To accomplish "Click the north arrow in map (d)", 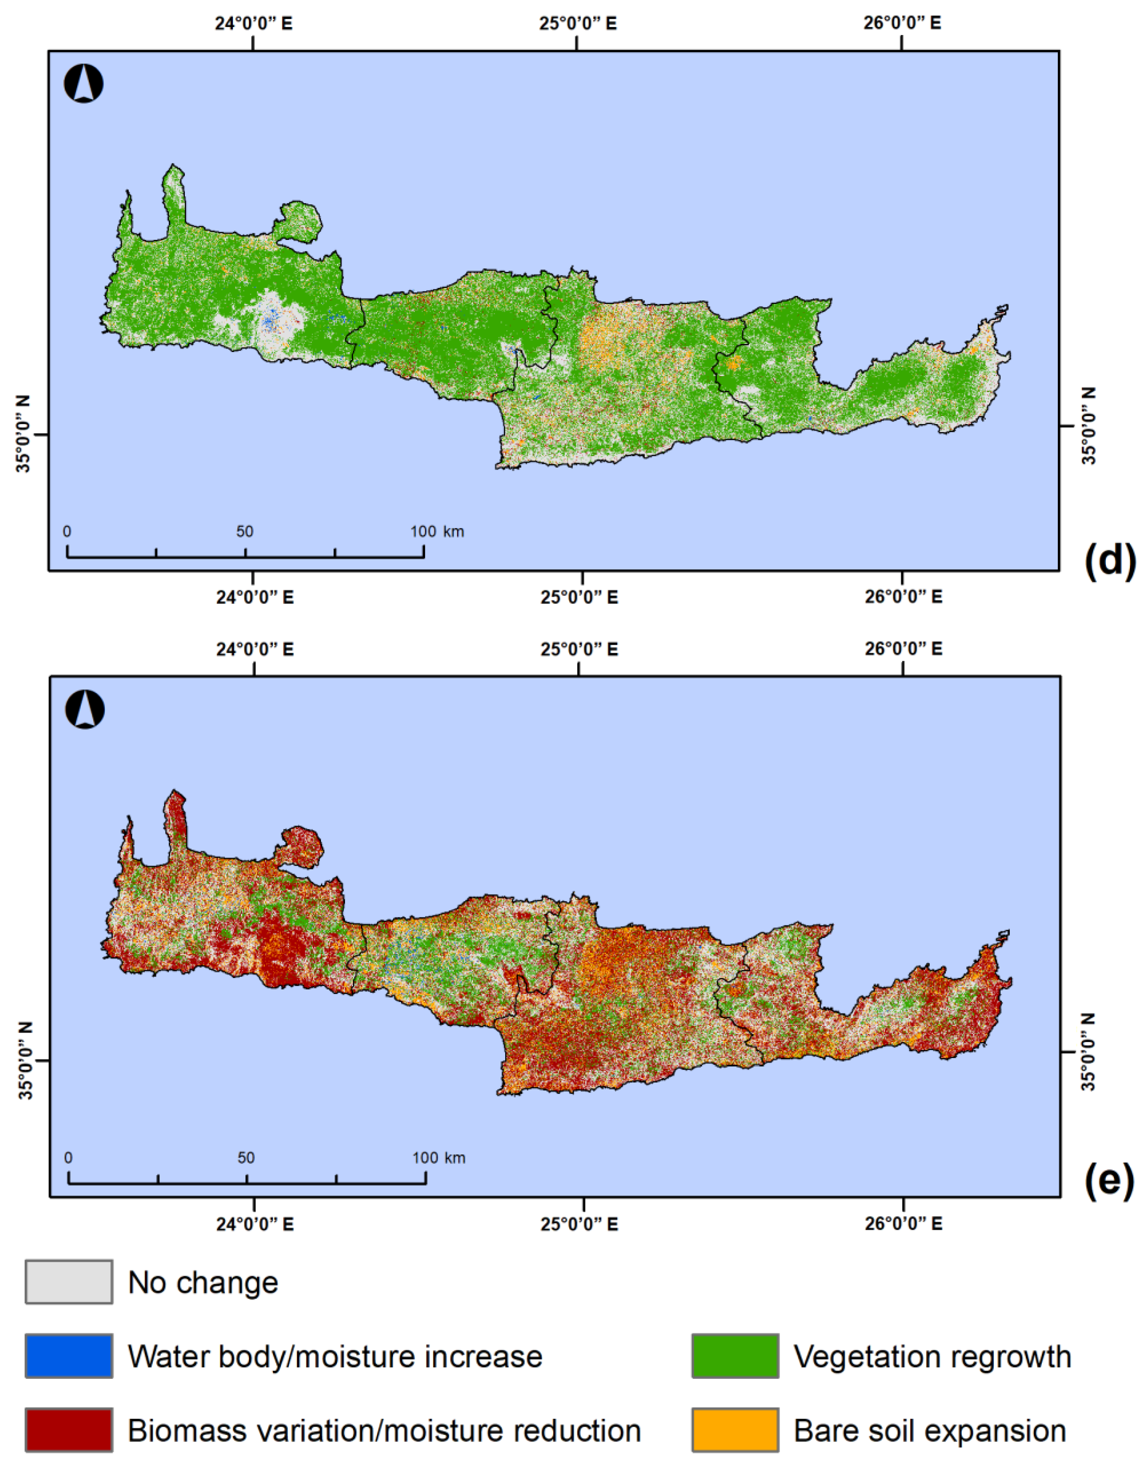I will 83,85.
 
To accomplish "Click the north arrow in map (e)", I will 85,710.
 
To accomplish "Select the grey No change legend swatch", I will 69,1282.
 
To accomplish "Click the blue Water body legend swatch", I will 69,1356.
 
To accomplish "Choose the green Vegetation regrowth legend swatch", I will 735,1356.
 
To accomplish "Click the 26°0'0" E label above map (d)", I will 902,24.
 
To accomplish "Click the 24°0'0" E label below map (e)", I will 254,1223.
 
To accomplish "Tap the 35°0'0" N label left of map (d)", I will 24,434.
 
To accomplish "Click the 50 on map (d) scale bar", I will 245,532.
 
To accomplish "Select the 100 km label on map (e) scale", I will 438,1158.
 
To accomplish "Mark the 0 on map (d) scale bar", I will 67,532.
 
